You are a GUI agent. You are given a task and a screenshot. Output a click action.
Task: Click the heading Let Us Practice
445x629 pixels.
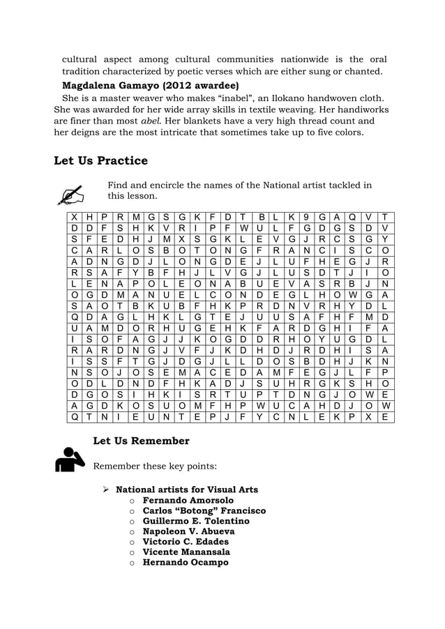(x=100, y=161)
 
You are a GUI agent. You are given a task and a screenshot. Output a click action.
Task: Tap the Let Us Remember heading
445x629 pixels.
(x=142, y=441)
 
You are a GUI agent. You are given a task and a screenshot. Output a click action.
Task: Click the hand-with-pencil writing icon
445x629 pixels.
(x=70, y=193)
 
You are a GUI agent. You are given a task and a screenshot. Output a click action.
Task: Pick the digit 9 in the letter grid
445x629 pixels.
(x=306, y=217)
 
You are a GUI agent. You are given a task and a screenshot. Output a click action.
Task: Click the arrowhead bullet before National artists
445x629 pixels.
(x=107, y=490)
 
